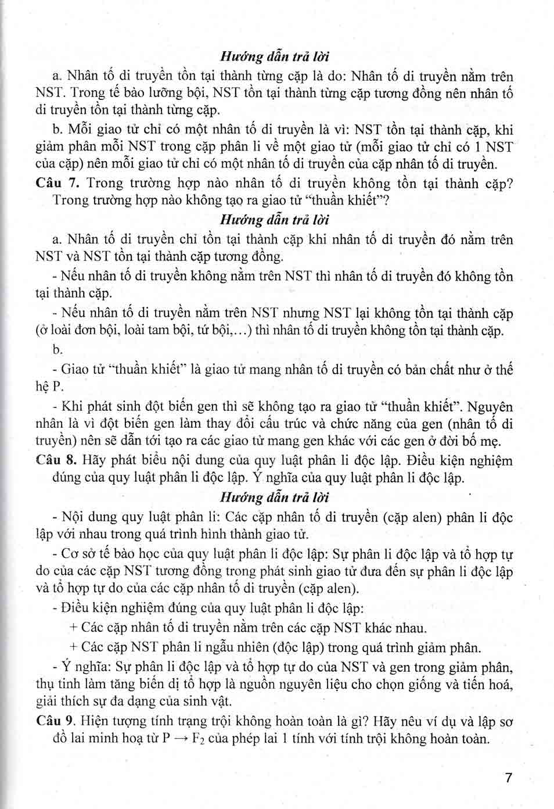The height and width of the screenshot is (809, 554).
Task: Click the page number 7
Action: pyautogui.click(x=509, y=778)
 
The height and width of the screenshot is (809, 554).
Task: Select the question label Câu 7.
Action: pyautogui.click(x=57, y=183)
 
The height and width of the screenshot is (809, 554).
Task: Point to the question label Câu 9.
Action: pyautogui.click(x=56, y=721)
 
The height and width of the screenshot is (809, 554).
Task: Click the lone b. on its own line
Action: pyautogui.click(x=57, y=350)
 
